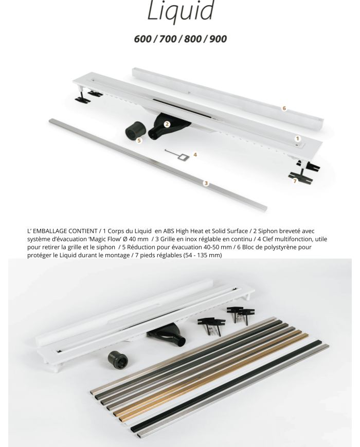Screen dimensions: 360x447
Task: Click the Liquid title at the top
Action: pyautogui.click(x=181, y=11)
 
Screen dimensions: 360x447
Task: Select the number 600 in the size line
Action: pyautogui.click(x=142, y=39)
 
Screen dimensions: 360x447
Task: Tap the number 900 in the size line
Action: pyautogui.click(x=218, y=39)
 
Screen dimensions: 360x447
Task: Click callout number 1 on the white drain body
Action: pyautogui.click(x=297, y=138)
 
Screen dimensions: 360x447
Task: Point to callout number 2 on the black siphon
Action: pyautogui.click(x=167, y=124)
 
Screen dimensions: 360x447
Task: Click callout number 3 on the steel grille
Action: pyautogui.click(x=206, y=183)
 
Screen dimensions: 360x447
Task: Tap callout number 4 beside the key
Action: pyautogui.click(x=195, y=154)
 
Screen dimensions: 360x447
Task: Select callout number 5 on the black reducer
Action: pyautogui.click(x=139, y=140)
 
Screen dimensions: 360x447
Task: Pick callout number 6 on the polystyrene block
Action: pyautogui.click(x=284, y=109)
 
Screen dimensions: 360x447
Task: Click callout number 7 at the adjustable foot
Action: pyautogui.click(x=295, y=181)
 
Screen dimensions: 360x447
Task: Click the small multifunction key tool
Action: pyautogui.click(x=176, y=154)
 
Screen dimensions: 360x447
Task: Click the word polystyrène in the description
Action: pyautogui.click(x=279, y=247)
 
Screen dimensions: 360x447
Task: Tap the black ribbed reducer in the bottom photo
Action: pyautogui.click(x=118, y=359)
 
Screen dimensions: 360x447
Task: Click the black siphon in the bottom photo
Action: pyautogui.click(x=167, y=333)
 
